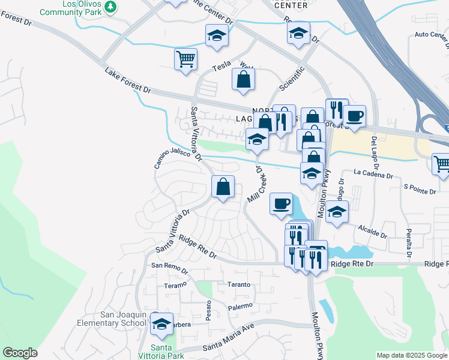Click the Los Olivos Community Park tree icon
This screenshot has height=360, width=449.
coord(110,6)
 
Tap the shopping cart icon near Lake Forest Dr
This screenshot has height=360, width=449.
coord(186,59)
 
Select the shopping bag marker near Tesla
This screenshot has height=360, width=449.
coord(243,80)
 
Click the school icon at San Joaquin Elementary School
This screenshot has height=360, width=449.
coord(161,325)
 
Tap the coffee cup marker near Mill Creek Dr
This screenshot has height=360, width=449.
coord(281,204)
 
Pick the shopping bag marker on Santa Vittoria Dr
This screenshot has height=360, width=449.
coord(223,187)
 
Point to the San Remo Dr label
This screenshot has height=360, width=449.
coord(169,266)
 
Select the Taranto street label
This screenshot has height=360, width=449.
coord(238,284)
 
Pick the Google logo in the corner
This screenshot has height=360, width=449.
coord(20,352)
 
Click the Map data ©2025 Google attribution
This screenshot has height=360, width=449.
coord(411,355)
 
